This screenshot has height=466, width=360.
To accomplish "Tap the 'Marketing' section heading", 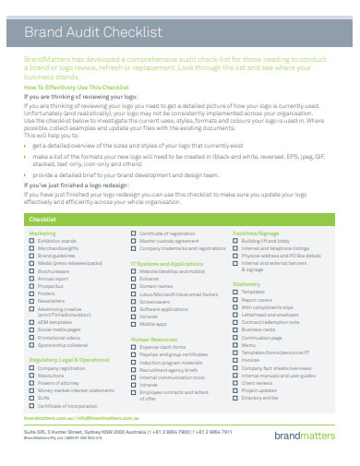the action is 42,233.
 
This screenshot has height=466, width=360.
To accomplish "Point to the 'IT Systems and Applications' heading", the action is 167,263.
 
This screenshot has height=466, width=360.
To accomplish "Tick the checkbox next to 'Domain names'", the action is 134,286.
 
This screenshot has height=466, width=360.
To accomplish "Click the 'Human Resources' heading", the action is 153,339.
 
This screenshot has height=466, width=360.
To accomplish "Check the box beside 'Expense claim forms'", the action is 134,346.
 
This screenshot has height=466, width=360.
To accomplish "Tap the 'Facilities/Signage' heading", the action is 257,233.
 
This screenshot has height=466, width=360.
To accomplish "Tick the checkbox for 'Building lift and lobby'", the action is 235,241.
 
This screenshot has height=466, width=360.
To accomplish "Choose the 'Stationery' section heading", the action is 246,283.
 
